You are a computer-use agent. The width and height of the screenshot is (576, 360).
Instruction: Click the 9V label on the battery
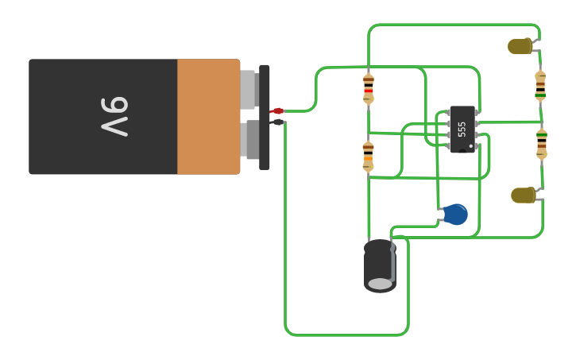tap(115, 116)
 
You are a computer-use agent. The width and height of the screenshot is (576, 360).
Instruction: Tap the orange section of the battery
tap(208, 116)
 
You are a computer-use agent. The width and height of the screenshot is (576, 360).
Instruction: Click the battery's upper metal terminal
tap(248, 89)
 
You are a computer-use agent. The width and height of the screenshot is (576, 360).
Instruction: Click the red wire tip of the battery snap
tap(277, 111)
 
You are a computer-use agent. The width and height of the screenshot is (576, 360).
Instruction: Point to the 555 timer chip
tap(462, 129)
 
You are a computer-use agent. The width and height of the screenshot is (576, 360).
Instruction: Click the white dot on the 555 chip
tap(471, 146)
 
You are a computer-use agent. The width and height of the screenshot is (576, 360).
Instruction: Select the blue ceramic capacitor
tap(454, 214)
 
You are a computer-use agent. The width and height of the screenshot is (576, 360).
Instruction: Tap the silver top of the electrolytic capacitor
tap(380, 284)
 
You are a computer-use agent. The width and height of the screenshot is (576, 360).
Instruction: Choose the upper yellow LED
tap(521, 47)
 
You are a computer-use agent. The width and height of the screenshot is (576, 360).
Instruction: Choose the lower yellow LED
tap(524, 195)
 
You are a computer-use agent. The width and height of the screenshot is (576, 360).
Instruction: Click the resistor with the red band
tap(368, 89)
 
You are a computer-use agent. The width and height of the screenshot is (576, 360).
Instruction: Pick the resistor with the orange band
tap(368, 156)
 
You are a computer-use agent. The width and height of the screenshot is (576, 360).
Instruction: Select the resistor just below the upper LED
tap(540, 87)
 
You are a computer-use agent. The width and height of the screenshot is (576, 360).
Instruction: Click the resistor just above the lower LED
tap(541, 144)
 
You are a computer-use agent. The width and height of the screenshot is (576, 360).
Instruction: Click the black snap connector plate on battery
tap(265, 117)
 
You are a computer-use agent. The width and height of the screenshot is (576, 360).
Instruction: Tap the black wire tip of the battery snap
tap(277, 122)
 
